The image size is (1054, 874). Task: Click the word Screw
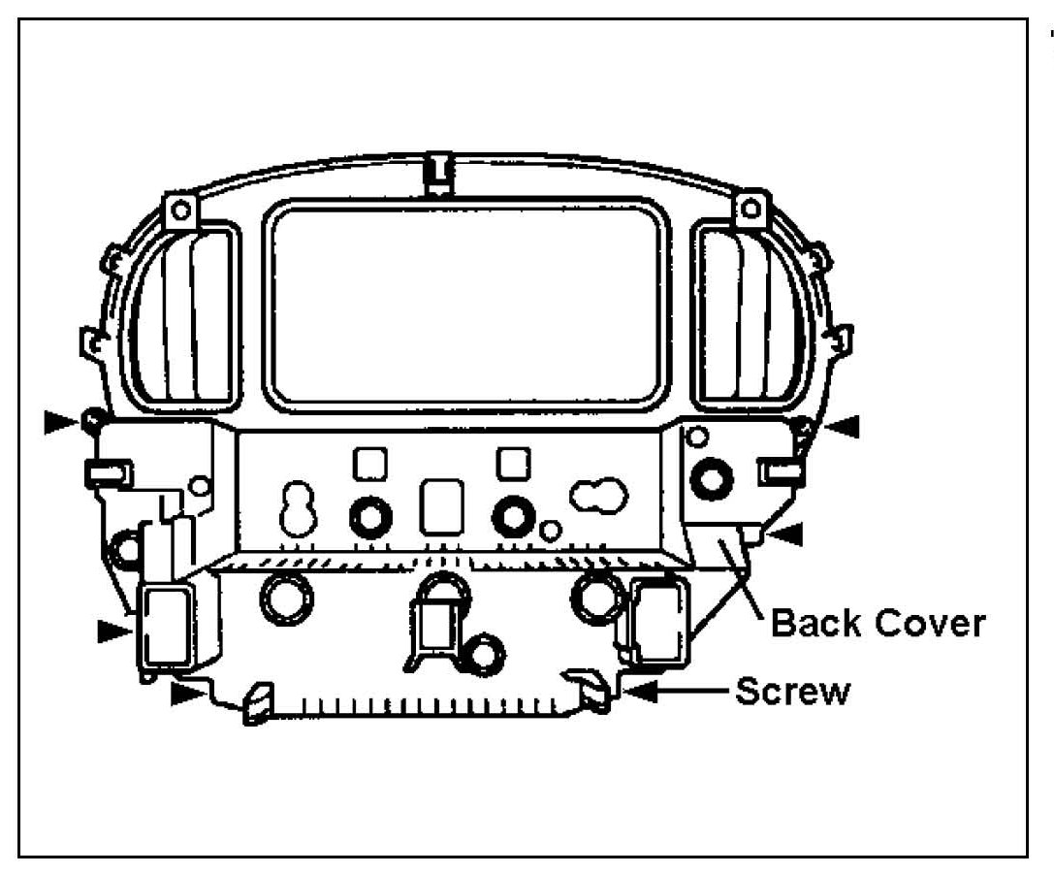792,693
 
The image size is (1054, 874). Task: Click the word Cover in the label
930,623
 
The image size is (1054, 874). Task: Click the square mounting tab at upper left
178,209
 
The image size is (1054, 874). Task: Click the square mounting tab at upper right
750,209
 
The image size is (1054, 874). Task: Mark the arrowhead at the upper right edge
841,425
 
